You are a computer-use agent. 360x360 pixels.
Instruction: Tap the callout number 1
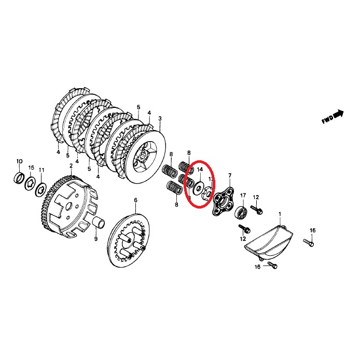click(x=280, y=214)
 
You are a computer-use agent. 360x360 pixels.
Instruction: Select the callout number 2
click(x=71, y=166)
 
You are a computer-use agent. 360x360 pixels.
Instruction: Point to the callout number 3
click(x=160, y=119)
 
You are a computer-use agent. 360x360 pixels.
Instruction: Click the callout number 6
click(x=135, y=200)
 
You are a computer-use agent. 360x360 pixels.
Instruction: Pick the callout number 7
click(x=230, y=176)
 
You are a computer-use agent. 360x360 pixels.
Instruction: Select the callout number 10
click(x=19, y=161)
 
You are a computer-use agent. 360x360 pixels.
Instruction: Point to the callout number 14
click(x=199, y=169)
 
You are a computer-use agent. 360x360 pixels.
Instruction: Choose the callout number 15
click(x=31, y=168)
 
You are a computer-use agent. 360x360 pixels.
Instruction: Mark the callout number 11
click(x=42, y=170)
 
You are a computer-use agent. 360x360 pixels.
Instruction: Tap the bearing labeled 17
click(x=241, y=212)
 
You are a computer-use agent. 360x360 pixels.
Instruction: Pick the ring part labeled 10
click(x=19, y=179)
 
